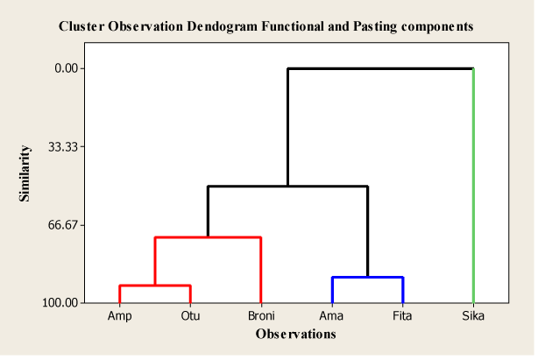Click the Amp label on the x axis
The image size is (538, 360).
tap(119, 316)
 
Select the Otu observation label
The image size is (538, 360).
tap(190, 316)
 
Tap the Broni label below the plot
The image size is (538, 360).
tap(261, 316)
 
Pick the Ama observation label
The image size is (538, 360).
tap(331, 316)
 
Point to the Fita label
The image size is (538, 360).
tap(402, 316)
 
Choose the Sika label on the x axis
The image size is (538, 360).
tap(473, 316)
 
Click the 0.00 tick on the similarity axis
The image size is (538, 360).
tap(67, 68)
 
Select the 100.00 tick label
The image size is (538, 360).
tap(60, 303)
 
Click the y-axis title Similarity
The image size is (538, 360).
tap(25, 173)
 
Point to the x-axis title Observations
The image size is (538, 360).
tap(296, 334)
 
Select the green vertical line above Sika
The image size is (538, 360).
tap(473, 186)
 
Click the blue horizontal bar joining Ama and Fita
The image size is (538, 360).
tap(367, 277)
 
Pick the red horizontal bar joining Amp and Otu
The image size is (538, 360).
tap(155, 286)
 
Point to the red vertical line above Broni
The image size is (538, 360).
tap(261, 270)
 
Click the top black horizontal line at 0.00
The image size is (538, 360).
tap(380, 68)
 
